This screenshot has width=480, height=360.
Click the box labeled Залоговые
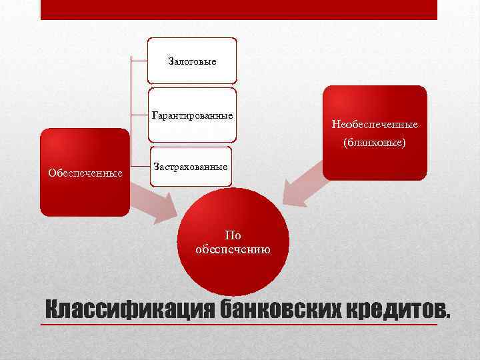(x=192, y=61)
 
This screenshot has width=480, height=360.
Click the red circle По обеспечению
(x=233, y=243)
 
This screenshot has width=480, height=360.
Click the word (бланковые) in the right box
(x=374, y=143)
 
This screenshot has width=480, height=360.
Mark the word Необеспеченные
(x=374, y=125)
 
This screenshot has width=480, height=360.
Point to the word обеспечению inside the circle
(x=233, y=249)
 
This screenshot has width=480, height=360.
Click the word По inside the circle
(x=233, y=235)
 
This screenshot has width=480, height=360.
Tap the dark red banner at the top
(x=239, y=9)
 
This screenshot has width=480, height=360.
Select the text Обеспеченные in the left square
(x=85, y=174)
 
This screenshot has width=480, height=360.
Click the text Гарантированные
(x=193, y=115)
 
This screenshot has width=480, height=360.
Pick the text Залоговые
(x=192, y=61)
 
